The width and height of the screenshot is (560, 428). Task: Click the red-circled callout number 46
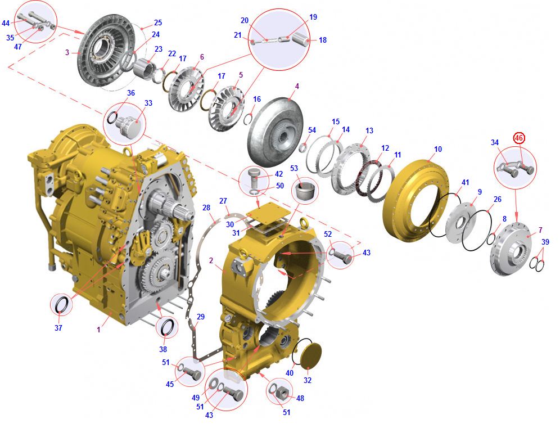[x=519, y=138]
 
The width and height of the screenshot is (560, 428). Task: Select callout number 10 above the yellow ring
[x=438, y=149]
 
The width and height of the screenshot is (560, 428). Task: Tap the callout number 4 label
[x=297, y=86]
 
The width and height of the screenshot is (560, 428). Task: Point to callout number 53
[x=294, y=168]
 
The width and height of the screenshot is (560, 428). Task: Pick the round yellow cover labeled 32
[x=310, y=356]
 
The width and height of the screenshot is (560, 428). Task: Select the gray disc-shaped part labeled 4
[x=275, y=133]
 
